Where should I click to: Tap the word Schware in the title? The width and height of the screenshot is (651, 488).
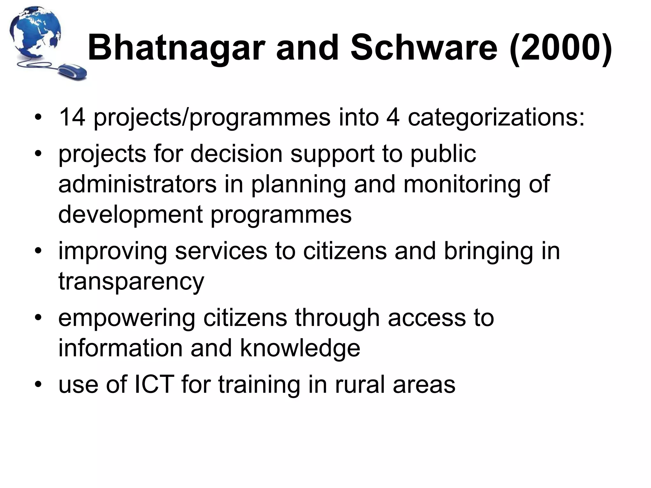[424, 48]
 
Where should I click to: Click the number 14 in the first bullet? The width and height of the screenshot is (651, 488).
[72, 117]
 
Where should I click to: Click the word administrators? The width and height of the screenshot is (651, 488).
[137, 184]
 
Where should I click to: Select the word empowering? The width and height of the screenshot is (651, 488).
[127, 319]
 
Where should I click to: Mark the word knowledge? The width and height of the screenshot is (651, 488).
[300, 349]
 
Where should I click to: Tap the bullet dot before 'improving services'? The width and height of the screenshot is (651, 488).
[38, 251]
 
